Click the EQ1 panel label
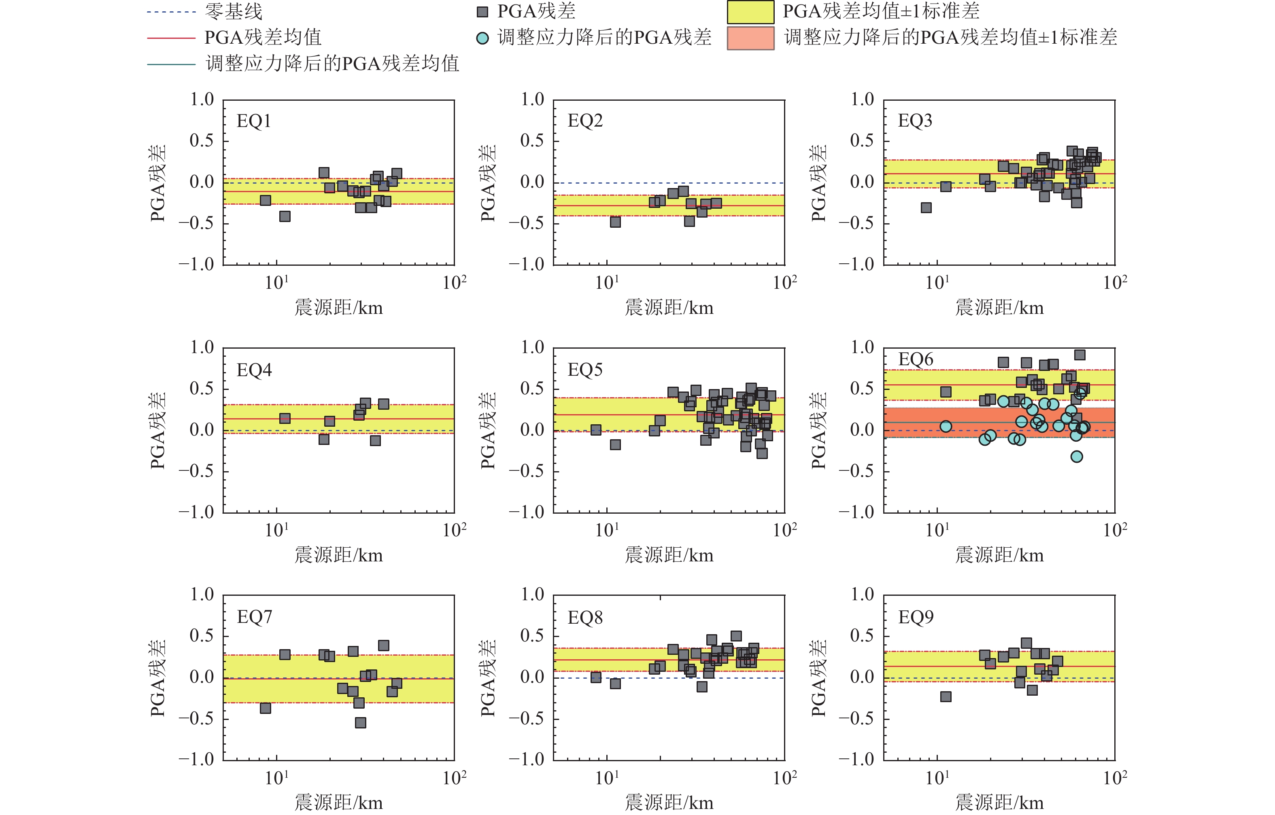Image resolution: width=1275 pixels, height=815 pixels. coord(254,121)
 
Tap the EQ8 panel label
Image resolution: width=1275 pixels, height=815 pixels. coord(585,618)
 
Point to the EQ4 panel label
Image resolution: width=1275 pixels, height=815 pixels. coord(254,370)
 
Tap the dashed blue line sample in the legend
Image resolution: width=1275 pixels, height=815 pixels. coord(171,12)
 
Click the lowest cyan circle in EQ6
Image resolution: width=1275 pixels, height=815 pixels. coord(1076,457)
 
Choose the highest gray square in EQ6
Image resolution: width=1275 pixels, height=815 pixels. coord(1079,355)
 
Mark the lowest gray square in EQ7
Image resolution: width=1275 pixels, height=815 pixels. coord(360,722)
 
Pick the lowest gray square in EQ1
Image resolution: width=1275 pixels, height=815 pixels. coord(285,216)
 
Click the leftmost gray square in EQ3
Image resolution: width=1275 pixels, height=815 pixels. coord(926,207)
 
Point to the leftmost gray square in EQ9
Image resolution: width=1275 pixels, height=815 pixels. coord(946,696)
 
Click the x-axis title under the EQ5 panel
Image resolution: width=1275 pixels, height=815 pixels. coord(669,555)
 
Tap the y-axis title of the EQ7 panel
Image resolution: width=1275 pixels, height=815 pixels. coord(158,678)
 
